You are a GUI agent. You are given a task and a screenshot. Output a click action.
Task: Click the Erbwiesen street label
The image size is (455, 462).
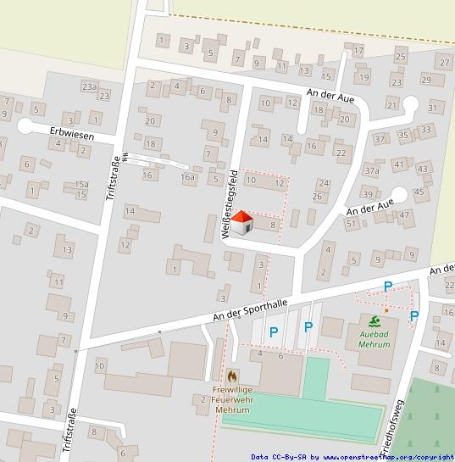click(x=70, y=133)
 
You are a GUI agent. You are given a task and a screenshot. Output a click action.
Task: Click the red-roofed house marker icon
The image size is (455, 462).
click(x=243, y=222)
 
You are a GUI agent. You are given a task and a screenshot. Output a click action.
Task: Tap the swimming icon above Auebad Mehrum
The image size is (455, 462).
click(x=375, y=320)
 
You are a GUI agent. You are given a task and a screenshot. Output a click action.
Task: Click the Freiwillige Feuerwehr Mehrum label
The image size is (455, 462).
click(x=234, y=398)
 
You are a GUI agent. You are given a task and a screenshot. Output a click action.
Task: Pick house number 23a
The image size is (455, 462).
click(x=89, y=86)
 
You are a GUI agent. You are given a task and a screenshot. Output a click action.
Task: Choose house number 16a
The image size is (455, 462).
click(x=188, y=177)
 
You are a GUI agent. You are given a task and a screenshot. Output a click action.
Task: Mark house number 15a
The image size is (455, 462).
click(x=81, y=184)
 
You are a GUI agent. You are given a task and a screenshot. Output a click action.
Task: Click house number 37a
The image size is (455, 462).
click(x=371, y=170)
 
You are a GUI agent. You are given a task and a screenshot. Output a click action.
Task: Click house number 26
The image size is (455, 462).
click(x=317, y=197)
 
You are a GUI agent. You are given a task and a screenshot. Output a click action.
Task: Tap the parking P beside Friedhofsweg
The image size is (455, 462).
click(x=413, y=316)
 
